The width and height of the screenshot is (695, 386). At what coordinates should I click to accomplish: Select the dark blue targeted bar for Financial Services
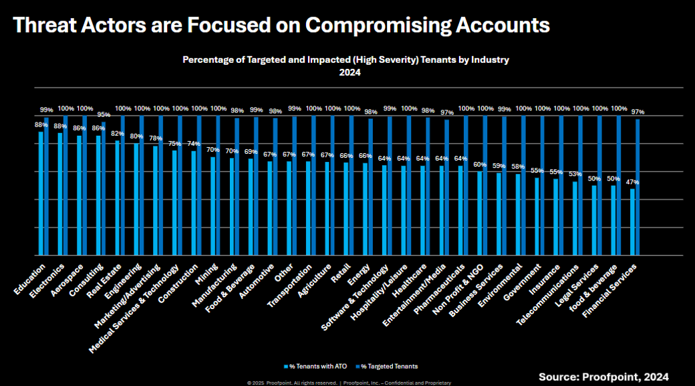pos(638,187)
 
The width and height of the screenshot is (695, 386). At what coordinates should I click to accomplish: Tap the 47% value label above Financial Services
pos(632,182)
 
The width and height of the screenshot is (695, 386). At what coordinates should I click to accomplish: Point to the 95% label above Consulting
pos(104,114)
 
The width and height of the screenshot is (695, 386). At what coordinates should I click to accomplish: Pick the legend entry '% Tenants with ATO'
pos(311,366)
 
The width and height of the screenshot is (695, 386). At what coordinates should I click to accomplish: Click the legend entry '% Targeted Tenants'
pos(388,366)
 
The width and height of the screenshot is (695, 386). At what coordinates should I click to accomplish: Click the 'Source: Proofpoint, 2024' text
pos(603,377)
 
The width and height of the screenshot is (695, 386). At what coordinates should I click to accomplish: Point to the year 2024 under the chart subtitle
pos(345,73)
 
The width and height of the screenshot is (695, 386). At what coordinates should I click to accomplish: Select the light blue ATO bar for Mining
pos(213,205)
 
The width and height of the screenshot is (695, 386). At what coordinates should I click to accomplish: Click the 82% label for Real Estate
pos(117,134)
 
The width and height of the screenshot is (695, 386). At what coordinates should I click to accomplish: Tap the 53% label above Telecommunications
pos(575,175)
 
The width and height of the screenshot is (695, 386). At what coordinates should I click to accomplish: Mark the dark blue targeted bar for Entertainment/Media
pos(446,187)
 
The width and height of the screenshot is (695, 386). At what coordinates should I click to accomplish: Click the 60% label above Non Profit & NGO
pos(480,165)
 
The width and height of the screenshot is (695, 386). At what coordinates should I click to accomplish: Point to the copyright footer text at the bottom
pos(349,383)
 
